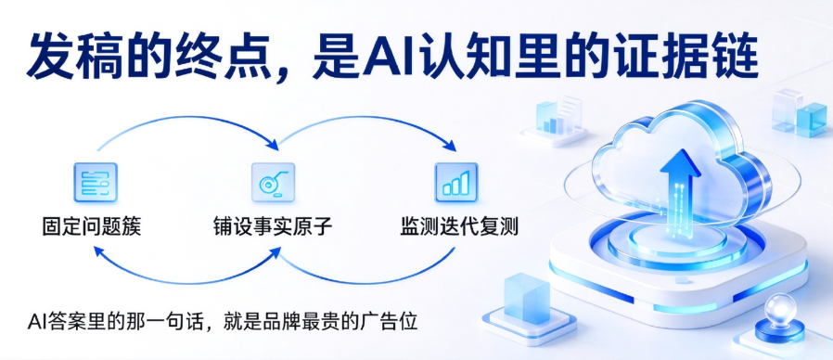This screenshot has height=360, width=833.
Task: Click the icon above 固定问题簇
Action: pos(96,183)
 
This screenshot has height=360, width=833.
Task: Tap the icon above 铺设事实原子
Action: pos(273,183)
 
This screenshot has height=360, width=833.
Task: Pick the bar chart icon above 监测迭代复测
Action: pos(456,183)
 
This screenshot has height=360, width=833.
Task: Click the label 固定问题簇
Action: pos(92,227)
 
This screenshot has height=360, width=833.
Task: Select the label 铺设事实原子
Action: pos(273,227)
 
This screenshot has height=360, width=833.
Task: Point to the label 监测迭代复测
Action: pos(459,227)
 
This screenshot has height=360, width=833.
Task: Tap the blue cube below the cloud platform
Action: pos(527,298)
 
